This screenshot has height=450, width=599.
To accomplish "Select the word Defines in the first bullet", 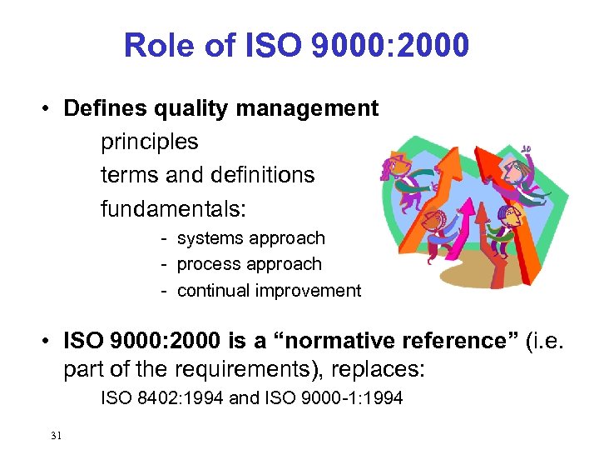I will coord(101,108).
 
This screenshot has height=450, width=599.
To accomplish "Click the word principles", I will coord(149,142).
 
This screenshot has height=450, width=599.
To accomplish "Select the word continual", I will coord(214,291).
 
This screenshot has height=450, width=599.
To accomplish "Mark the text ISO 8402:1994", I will coord(161,398).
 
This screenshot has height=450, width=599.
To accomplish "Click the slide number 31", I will coord(56,435).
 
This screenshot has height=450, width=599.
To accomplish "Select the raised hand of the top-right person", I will coord(525,151).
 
